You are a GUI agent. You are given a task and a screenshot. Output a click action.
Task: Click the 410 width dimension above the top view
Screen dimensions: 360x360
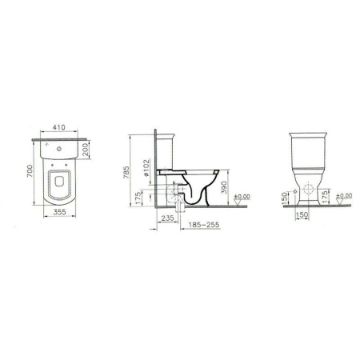coord(58,127)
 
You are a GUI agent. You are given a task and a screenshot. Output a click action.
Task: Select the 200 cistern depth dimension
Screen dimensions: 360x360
coord(85,149)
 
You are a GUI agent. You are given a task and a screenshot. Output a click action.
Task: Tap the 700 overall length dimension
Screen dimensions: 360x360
coord(30,171)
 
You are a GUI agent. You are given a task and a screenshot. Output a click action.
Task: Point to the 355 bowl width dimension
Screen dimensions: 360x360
coord(59,212)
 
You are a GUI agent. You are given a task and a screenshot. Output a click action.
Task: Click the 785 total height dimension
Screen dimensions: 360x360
coord(126,172)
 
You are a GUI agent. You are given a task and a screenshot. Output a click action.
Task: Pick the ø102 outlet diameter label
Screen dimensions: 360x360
coord(146,168)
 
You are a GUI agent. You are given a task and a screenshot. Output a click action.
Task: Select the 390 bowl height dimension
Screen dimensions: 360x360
coord(224,187)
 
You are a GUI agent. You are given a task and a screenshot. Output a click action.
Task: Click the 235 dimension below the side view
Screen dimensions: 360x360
coord(168,218)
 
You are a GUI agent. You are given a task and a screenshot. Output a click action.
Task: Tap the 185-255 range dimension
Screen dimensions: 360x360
coord(204,225)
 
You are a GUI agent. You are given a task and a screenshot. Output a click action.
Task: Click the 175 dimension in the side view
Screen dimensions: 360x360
coord(138,198)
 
